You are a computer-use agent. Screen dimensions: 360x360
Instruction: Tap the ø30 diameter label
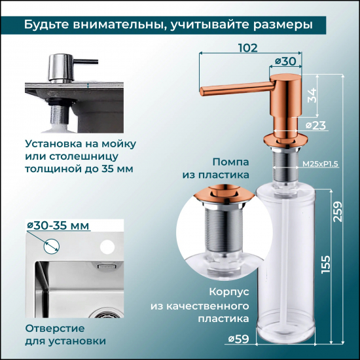pyautogui.click(x=283, y=61)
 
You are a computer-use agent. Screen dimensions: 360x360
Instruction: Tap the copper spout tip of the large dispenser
pyautogui.click(x=204, y=88)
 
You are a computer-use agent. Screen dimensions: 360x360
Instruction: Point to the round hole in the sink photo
pyautogui.click(x=105, y=249)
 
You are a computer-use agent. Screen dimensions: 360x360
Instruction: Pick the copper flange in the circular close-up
pyautogui.click(x=221, y=196)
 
